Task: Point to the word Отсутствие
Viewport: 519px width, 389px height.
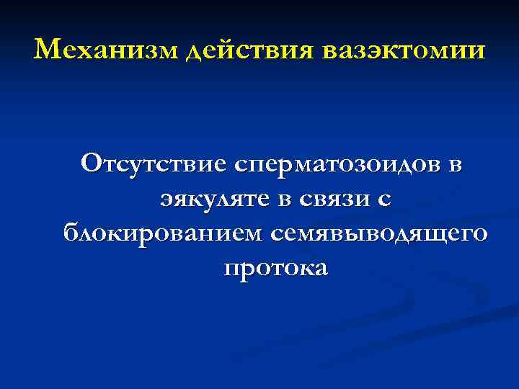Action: [x=154, y=164]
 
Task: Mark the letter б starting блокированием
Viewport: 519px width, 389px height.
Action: [x=71, y=233]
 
